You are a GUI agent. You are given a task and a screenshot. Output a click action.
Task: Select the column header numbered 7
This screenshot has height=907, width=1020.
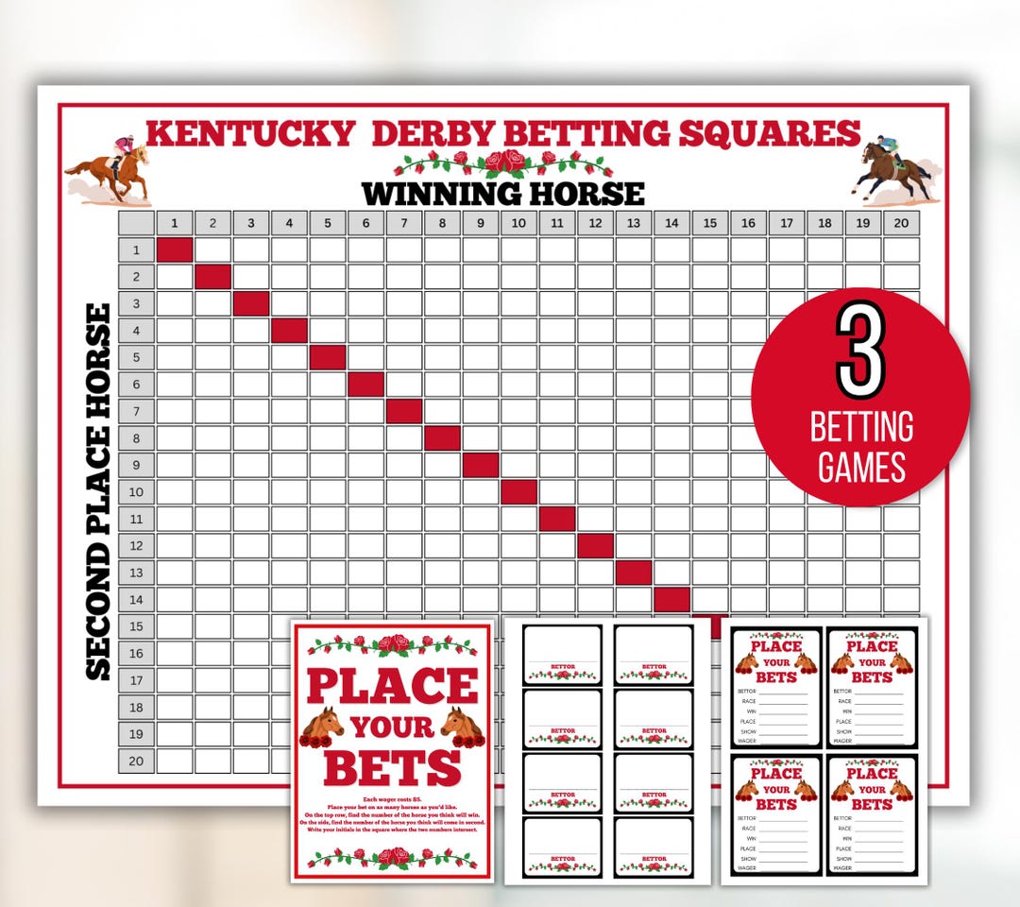point(404,224)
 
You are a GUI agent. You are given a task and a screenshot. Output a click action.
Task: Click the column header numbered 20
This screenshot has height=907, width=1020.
point(901,224)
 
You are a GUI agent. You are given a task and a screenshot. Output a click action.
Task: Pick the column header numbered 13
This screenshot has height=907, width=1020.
point(634,224)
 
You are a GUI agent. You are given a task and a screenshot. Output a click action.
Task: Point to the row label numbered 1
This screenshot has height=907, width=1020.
point(136,250)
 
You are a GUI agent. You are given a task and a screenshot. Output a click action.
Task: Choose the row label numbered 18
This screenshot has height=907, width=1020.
point(136,708)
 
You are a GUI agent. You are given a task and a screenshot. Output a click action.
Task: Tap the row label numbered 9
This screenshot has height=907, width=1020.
point(136,465)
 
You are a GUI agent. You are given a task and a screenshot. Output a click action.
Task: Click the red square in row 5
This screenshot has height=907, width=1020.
point(328,358)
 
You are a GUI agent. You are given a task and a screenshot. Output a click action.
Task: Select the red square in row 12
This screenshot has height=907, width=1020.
point(595,546)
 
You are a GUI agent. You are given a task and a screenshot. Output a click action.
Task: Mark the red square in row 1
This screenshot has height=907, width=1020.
point(175,250)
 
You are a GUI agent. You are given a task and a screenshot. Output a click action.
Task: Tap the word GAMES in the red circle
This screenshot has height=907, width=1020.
point(861,467)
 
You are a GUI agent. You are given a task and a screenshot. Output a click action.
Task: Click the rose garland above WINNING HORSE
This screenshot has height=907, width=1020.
point(503,163)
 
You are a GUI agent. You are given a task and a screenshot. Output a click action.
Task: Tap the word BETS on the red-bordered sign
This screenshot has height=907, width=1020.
point(392,768)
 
